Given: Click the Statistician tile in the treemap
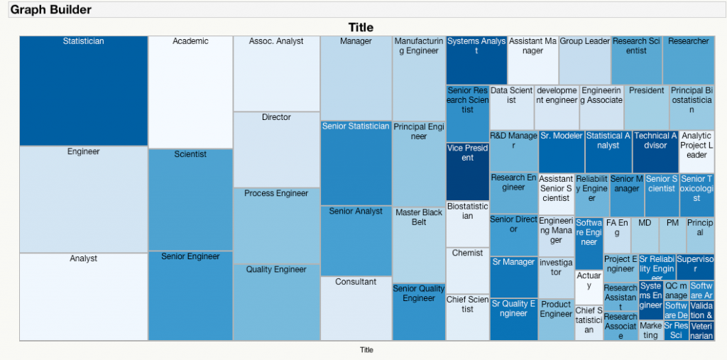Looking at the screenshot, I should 83,91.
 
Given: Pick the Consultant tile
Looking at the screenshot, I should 356,308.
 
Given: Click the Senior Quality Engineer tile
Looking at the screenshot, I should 419,312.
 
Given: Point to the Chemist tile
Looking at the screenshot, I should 467,270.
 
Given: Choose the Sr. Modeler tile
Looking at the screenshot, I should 561,151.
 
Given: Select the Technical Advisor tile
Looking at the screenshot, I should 655,151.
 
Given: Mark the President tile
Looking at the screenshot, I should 646,107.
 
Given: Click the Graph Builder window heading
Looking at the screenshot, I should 50,10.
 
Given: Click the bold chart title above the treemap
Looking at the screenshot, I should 361,28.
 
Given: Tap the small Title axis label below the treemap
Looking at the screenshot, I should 366,349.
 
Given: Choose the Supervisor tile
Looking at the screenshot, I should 695,266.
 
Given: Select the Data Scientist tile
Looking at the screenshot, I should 511,107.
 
